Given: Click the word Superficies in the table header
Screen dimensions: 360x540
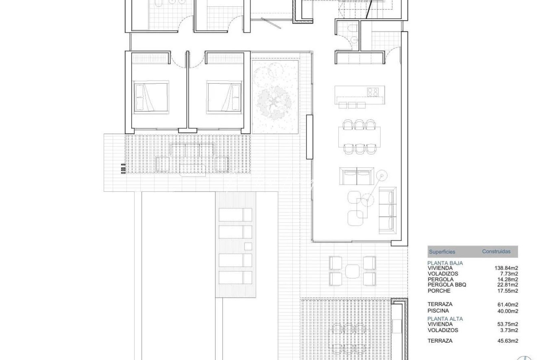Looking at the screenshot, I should (442, 252).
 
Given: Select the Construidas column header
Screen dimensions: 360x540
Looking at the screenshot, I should (496, 251).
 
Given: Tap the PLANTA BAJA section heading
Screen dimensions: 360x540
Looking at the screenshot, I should (445, 263).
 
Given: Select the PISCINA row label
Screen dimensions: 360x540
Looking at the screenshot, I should (438, 311).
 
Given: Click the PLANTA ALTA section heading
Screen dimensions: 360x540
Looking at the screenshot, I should (445, 319).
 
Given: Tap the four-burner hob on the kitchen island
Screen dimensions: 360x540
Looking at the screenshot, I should (374, 92).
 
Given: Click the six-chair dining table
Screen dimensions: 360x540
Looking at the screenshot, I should (359, 137).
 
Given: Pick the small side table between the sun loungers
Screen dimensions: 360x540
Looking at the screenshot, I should (248, 246).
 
